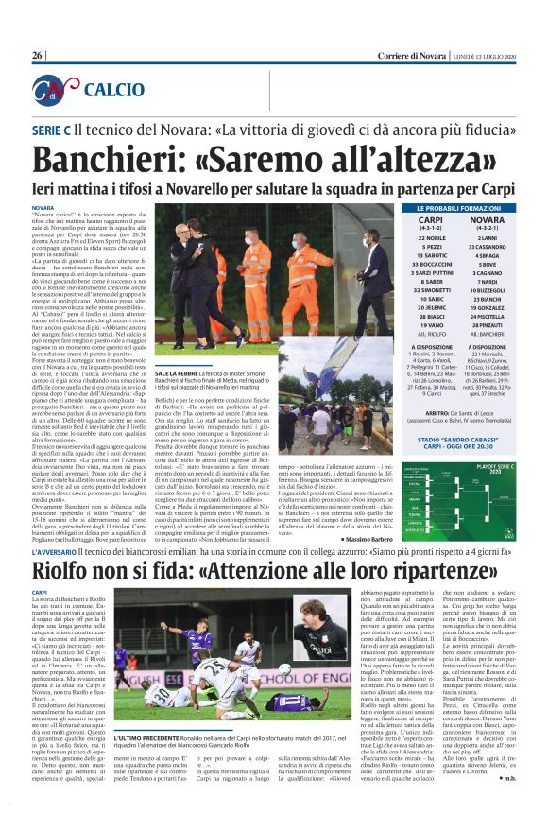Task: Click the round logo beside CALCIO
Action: click(x=54, y=89)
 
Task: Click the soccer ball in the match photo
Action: click(x=283, y=669)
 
